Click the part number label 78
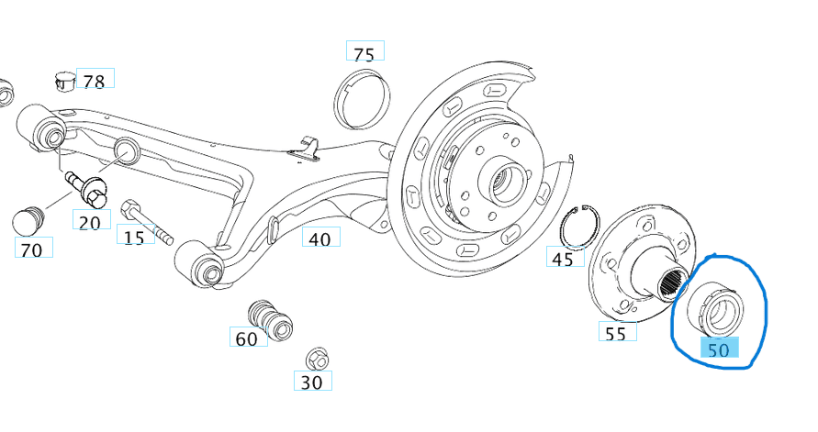95,80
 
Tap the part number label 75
364,53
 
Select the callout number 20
91,221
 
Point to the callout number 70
32,248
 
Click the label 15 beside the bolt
134,237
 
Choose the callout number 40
320,238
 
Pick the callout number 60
247,338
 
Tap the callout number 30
312,382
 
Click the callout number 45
563,259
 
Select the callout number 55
616,333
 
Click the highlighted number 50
718,349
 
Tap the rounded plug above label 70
28,220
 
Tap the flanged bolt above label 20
87,188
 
